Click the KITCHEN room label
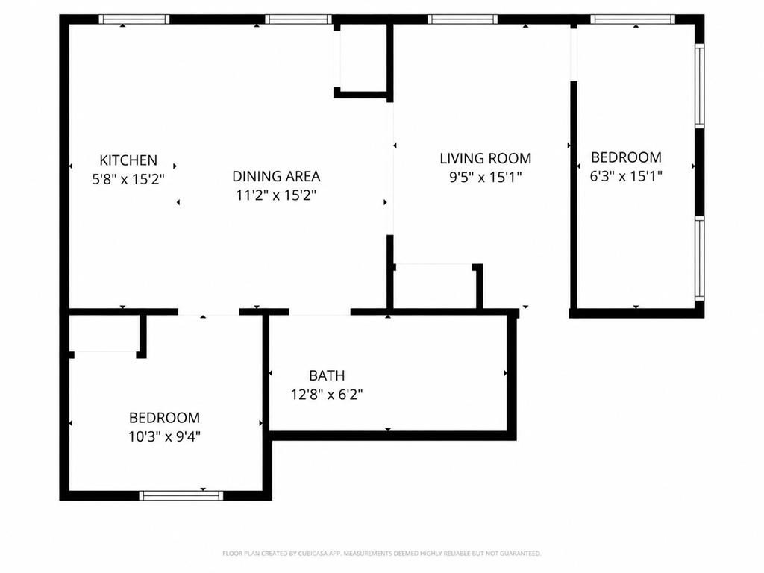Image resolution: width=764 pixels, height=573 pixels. [128, 160]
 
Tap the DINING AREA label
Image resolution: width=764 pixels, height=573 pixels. [276, 176]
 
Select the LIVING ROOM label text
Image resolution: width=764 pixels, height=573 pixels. [485, 158]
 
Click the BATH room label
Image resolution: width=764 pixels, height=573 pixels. [327, 376]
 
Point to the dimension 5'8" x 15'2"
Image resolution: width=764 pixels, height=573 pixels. [128, 179]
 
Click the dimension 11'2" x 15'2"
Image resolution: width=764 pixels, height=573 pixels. [276, 195]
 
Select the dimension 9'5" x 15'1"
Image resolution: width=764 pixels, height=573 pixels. [485, 177]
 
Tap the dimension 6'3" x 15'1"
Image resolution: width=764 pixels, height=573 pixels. [626, 176]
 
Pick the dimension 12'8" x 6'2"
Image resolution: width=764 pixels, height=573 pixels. [327, 394]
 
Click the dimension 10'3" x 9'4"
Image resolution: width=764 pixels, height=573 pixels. [165, 436]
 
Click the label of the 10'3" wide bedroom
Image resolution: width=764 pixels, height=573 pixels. [165, 418]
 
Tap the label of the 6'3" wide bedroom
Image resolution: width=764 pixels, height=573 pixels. [626, 157]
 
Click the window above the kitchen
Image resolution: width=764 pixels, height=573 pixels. [134, 19]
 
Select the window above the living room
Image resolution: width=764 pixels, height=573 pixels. [463, 19]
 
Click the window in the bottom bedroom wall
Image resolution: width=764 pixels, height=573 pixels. [181, 495]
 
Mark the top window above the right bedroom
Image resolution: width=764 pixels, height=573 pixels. [633, 19]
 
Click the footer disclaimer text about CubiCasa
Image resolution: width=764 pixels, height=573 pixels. [381, 554]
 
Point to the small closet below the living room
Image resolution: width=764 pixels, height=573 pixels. [434, 287]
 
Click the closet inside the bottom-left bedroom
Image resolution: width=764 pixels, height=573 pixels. [104, 334]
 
